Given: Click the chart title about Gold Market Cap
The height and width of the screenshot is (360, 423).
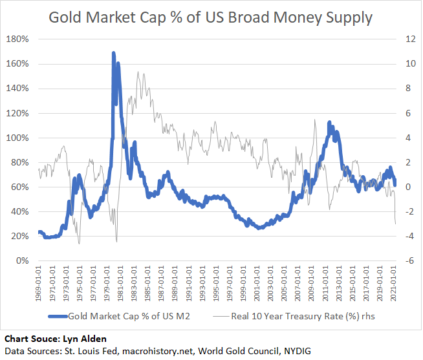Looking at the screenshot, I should (x=211, y=17).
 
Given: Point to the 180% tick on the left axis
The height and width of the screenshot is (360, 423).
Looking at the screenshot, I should (x=18, y=39).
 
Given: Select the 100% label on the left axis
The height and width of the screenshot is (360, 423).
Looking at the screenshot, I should (x=18, y=138).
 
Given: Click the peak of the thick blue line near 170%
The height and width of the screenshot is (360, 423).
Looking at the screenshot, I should (x=114, y=53).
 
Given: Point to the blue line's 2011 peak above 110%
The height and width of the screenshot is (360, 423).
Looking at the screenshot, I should (x=329, y=122).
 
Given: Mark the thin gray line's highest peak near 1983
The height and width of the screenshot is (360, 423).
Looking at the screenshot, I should (x=138, y=72).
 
